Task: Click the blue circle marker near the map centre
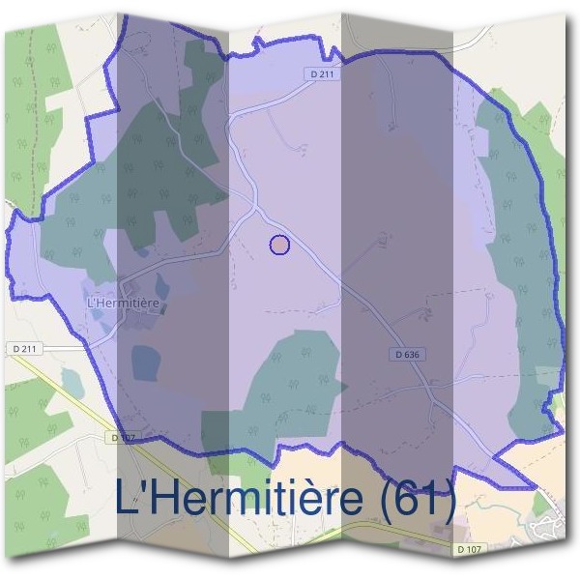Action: tap(279, 245)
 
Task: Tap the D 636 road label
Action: tap(409, 355)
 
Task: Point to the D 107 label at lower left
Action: tap(123, 437)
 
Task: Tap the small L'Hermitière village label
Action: tap(123, 302)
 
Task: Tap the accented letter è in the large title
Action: tap(312, 498)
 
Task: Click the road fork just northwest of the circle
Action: tap(255, 205)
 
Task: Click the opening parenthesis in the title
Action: tap(389, 499)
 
